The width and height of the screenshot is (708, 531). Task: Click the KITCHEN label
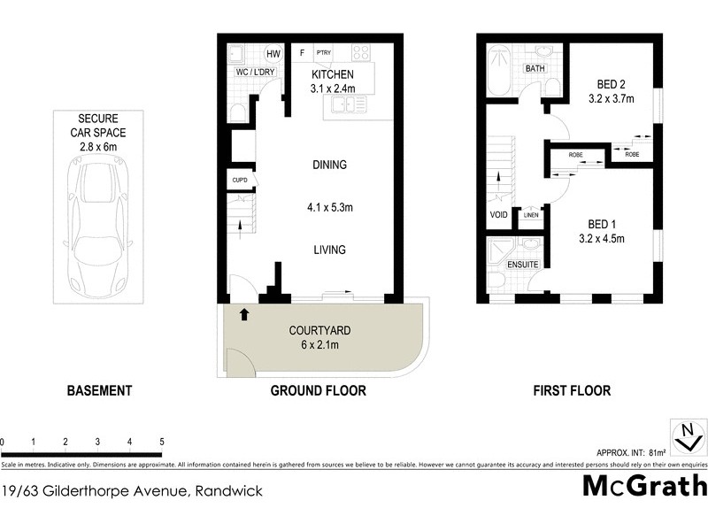333,75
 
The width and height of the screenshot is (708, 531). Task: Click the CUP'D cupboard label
239,181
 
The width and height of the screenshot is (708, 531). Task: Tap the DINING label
329,165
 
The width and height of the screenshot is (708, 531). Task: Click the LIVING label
329,250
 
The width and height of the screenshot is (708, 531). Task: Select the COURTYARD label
319,330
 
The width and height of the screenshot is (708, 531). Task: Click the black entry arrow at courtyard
243,312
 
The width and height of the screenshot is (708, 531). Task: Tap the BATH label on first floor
535,68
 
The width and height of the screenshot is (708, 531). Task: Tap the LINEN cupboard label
531,215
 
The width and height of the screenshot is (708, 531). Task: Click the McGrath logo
644,486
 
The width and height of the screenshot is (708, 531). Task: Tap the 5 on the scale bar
161,441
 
